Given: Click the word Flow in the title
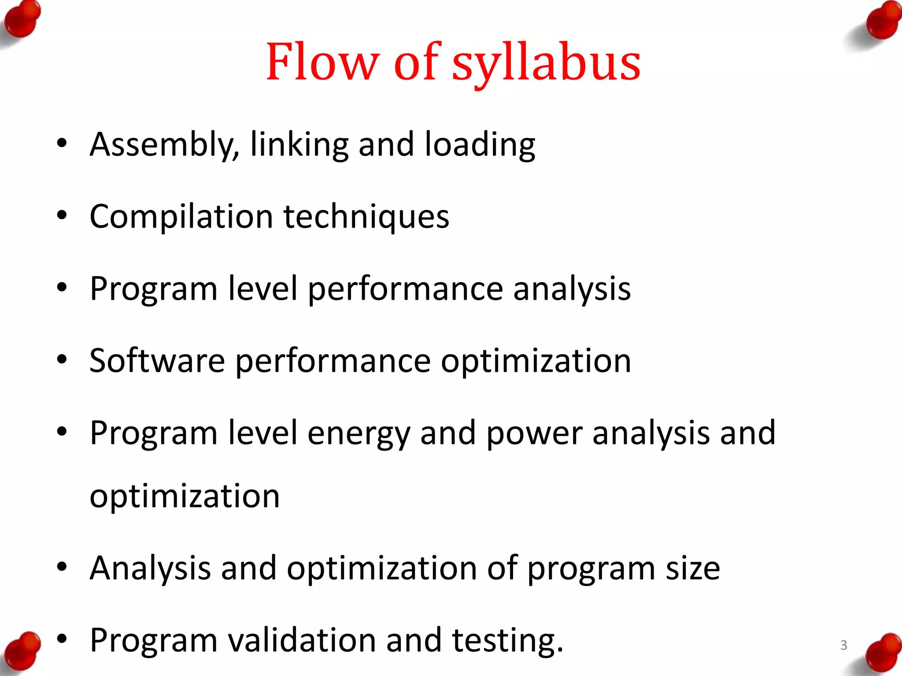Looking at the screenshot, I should tap(322, 62).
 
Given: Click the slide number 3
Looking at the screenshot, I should tap(843, 645).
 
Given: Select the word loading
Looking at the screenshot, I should tap(480, 145).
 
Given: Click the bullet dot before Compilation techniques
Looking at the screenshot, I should tap(62, 216).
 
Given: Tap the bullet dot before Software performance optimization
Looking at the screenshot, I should tap(62, 360).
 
